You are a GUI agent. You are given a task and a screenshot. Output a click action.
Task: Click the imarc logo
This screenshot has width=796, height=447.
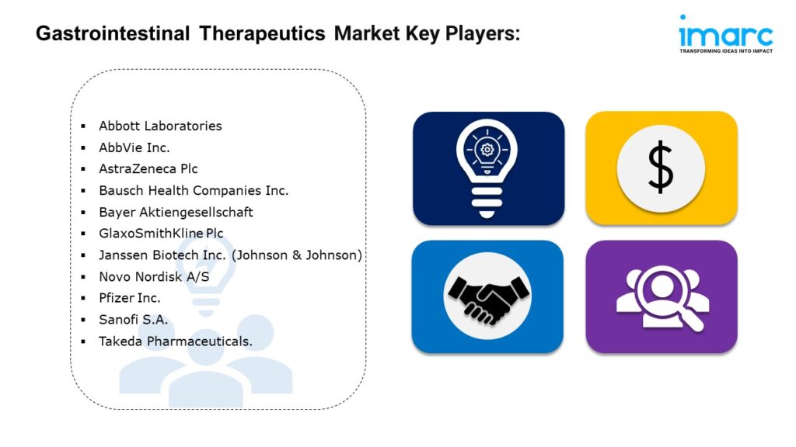(x=726, y=34)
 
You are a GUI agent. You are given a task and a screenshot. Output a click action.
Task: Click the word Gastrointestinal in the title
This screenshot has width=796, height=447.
(x=113, y=34)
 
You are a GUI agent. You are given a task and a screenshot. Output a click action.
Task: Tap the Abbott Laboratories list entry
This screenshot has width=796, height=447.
(x=160, y=126)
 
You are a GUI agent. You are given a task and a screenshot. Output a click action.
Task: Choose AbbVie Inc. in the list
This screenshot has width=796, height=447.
(x=134, y=147)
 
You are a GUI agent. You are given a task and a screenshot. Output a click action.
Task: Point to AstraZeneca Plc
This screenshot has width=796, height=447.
(x=148, y=168)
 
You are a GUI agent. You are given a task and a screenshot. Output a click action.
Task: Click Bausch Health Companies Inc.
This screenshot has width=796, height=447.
(x=194, y=191)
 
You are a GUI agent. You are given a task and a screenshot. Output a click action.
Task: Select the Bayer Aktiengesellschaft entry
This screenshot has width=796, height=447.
(x=176, y=212)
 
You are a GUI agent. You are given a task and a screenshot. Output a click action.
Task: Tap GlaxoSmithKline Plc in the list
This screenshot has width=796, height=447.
(x=161, y=234)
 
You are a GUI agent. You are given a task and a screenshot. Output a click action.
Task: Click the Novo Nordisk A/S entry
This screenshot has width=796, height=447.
(x=154, y=277)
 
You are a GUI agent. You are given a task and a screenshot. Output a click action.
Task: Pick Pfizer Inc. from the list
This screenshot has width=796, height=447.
(x=130, y=298)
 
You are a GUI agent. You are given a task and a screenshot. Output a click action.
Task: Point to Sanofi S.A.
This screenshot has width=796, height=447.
(x=133, y=320)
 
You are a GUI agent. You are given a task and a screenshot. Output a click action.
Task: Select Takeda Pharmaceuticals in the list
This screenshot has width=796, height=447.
(x=176, y=341)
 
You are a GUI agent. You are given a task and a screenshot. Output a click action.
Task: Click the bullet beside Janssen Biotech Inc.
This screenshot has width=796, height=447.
(x=83, y=255)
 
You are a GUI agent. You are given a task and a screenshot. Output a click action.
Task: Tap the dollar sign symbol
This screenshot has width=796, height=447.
(x=661, y=168)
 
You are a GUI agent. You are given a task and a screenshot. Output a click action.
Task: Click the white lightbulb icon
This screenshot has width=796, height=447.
(x=487, y=168)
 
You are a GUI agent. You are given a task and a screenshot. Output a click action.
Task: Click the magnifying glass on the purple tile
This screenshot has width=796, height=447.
(x=669, y=298)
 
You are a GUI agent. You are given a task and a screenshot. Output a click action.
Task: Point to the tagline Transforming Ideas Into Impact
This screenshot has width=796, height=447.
(x=726, y=51)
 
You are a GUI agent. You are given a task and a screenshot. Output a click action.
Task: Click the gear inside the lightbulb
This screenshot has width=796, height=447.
(x=487, y=150)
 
